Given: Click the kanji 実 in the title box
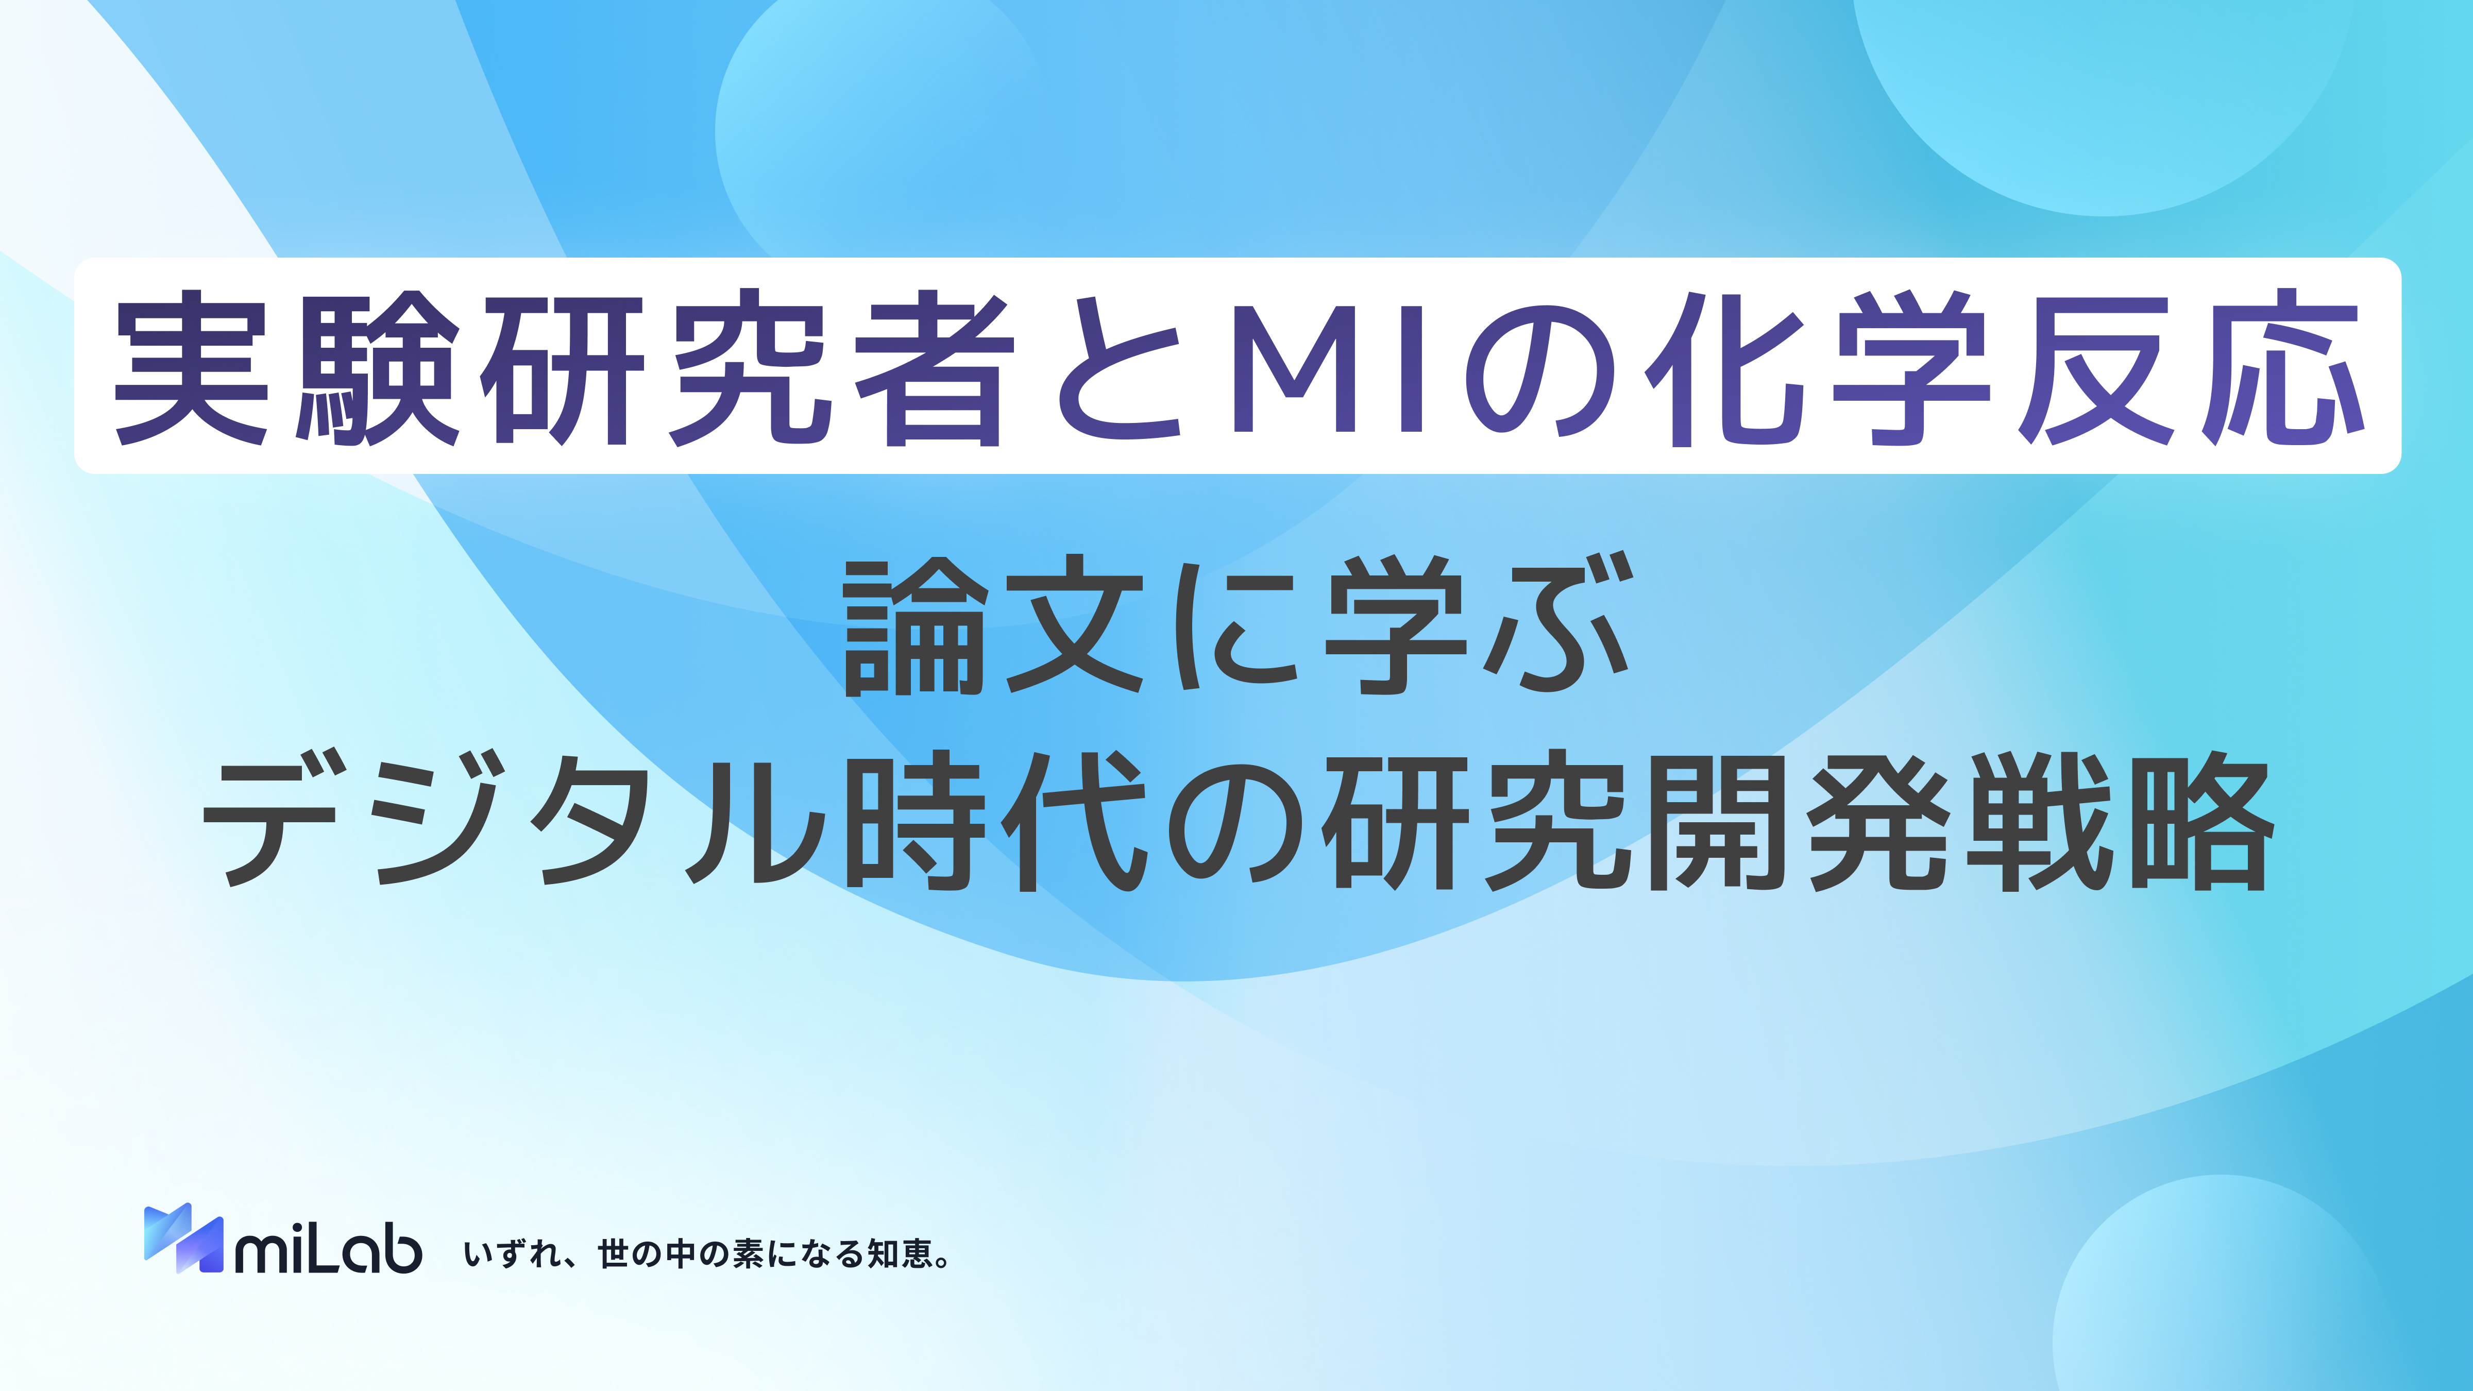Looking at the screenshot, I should [192, 368].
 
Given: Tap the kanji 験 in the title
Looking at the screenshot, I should [377, 368].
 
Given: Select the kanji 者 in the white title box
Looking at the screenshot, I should [936, 368].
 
